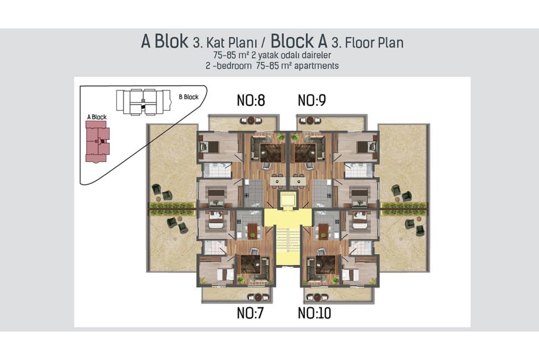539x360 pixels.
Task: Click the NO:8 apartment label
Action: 251,101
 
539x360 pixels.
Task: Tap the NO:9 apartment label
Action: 312,101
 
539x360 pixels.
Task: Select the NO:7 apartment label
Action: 250,313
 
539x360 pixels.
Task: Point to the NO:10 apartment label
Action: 314,313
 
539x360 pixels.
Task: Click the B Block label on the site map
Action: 189,97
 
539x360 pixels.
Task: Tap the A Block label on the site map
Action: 97,117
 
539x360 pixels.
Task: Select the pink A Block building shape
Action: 97,142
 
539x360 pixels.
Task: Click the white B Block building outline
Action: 143,102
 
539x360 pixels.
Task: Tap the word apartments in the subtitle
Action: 316,66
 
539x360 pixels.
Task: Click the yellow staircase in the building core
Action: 288,245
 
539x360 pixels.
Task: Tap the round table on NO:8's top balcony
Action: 251,120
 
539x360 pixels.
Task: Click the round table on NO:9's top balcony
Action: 311,121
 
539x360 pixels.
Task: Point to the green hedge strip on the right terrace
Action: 404,206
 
